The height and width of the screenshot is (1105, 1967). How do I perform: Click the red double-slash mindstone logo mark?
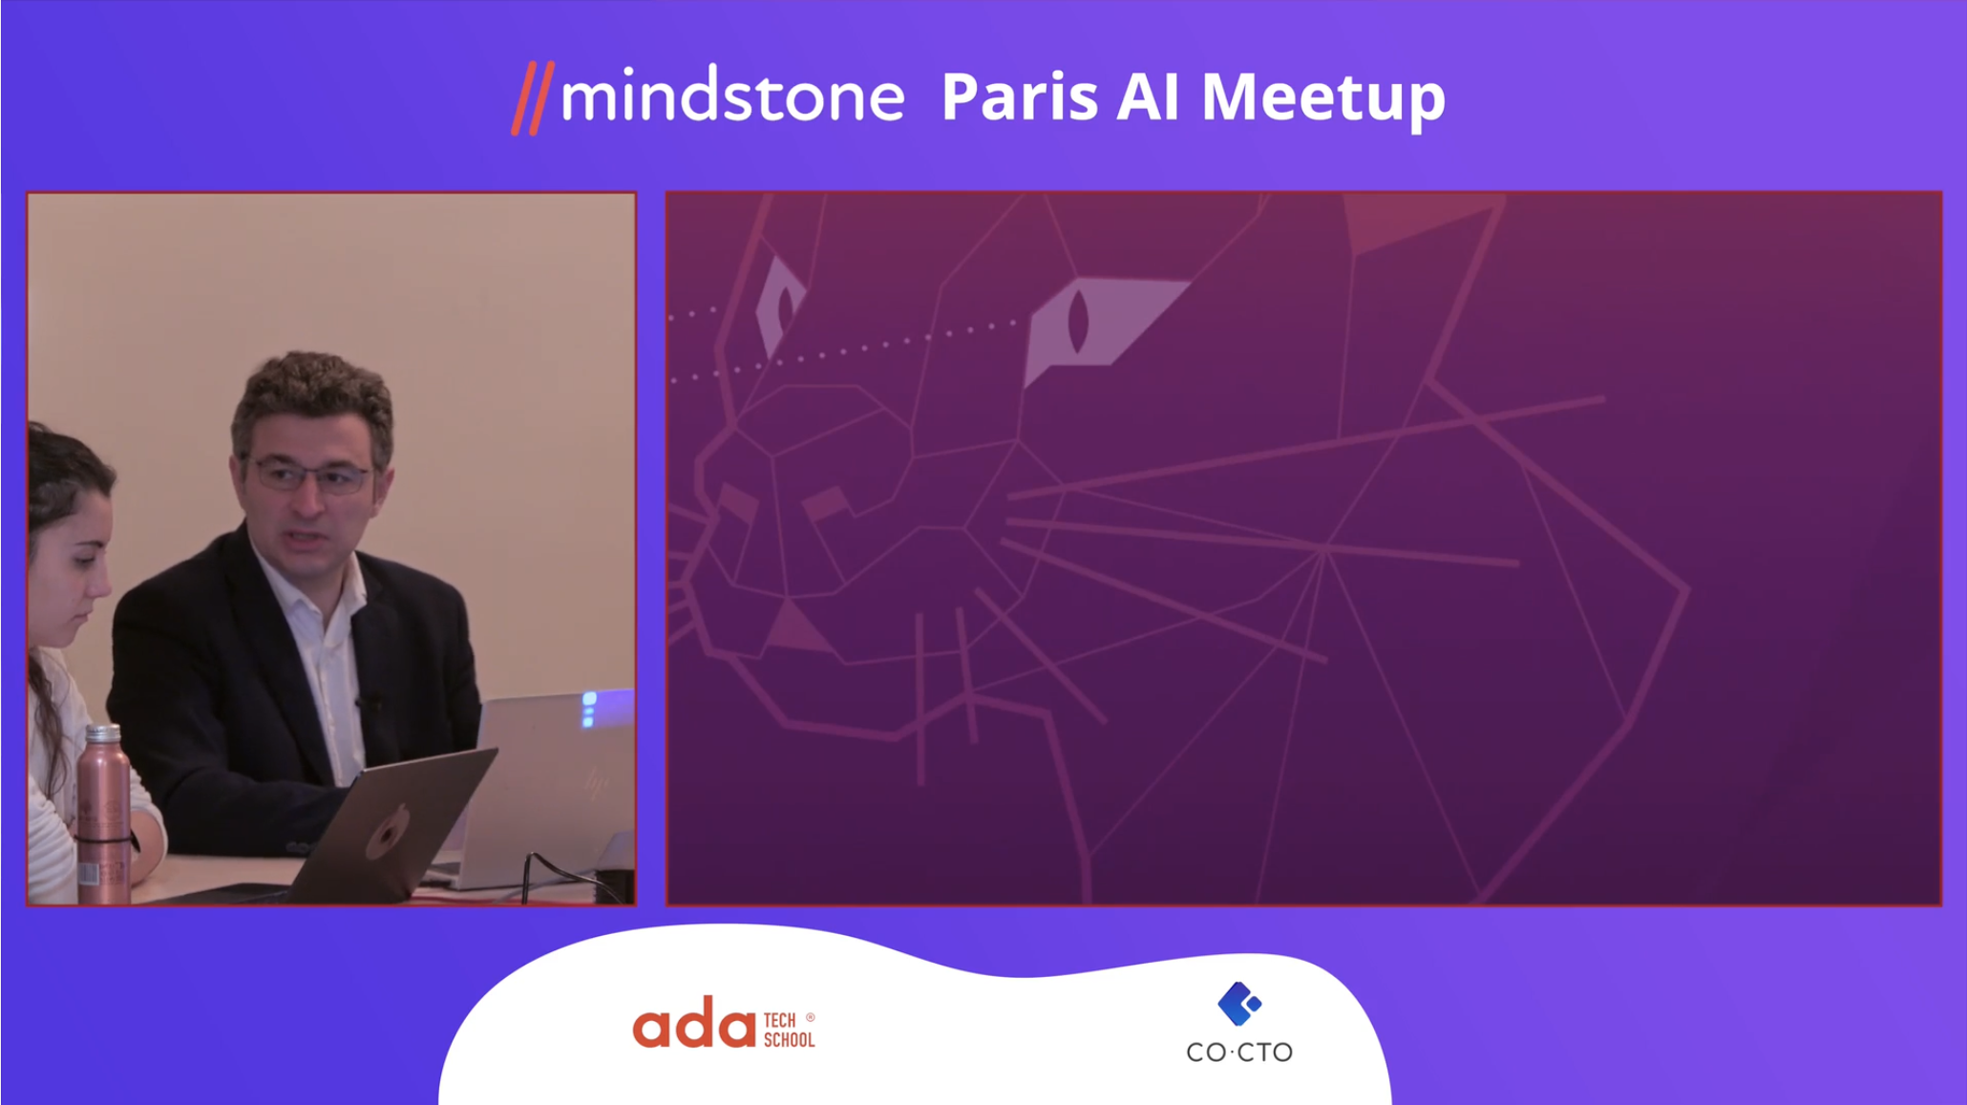(533, 98)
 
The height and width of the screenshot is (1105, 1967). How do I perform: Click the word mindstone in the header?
(732, 96)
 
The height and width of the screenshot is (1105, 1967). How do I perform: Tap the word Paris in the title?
(1019, 96)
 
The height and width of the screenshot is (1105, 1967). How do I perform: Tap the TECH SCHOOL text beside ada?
(789, 1030)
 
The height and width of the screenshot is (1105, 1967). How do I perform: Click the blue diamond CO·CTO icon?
(1239, 1003)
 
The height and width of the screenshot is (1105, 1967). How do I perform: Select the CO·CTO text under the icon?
(1239, 1052)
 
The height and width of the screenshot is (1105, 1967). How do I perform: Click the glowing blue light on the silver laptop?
(589, 709)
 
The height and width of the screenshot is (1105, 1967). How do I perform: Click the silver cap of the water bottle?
(103, 733)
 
